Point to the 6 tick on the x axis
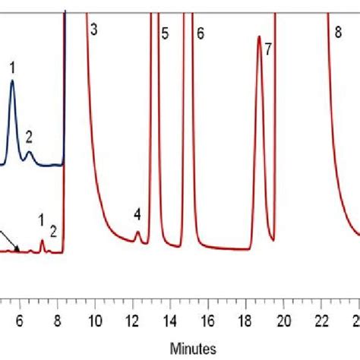point(21,319)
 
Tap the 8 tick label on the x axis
point(58,319)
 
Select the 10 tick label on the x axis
point(95,319)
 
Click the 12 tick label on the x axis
point(133,319)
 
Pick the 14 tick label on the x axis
point(170,319)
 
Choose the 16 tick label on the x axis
point(207,319)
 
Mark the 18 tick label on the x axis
point(245,319)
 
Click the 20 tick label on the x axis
point(283,319)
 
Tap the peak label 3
point(94,30)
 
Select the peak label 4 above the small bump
point(137,213)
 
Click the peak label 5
point(164,33)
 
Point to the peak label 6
point(201,33)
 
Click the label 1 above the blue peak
point(13,67)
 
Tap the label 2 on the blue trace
point(29,137)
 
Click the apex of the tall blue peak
point(12,82)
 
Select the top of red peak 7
point(259,37)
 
